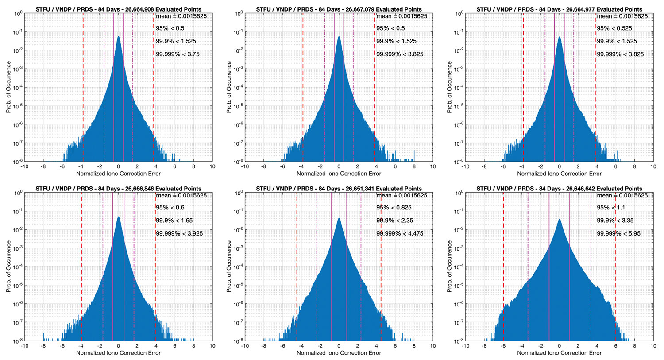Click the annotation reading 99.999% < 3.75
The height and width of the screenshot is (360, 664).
178,54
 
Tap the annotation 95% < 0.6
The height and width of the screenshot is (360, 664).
170,208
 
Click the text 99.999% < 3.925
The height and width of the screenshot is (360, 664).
179,233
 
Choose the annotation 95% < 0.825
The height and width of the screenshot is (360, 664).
394,208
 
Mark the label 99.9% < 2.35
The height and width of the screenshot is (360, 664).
395,221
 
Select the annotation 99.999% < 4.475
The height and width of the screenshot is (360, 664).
400,233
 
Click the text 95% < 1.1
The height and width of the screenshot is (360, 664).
611,208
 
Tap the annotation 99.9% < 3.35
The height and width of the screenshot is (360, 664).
615,221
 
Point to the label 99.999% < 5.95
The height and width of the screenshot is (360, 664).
618,233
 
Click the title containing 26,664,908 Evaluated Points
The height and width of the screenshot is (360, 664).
118,9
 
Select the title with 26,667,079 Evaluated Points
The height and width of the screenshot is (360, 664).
339,9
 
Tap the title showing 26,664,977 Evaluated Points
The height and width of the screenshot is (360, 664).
559,9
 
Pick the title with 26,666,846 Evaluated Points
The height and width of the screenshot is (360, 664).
118,189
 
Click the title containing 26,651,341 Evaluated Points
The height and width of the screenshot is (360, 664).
339,189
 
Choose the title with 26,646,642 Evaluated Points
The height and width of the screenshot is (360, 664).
559,189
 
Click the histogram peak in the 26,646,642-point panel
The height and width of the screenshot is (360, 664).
559,220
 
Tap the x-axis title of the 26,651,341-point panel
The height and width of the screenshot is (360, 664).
339,353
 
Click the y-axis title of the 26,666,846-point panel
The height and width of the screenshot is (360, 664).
9,267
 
